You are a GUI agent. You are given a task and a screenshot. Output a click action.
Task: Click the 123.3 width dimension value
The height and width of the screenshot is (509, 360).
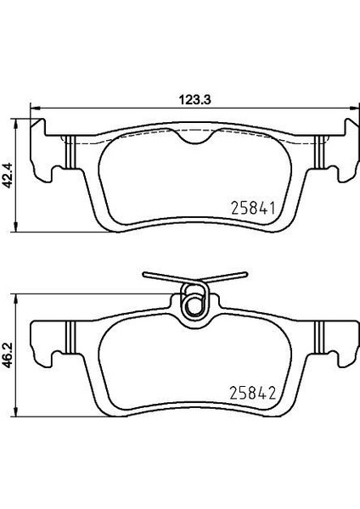[x=195, y=99]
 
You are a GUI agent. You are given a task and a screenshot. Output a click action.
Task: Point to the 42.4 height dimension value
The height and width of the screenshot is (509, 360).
[x=8, y=176]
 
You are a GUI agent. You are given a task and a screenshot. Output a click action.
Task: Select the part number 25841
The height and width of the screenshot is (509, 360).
[x=253, y=208]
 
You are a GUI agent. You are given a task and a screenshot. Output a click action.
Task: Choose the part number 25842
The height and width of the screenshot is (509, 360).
[x=253, y=393]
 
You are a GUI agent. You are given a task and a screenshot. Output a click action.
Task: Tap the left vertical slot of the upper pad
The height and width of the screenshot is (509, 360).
[x=70, y=152]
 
